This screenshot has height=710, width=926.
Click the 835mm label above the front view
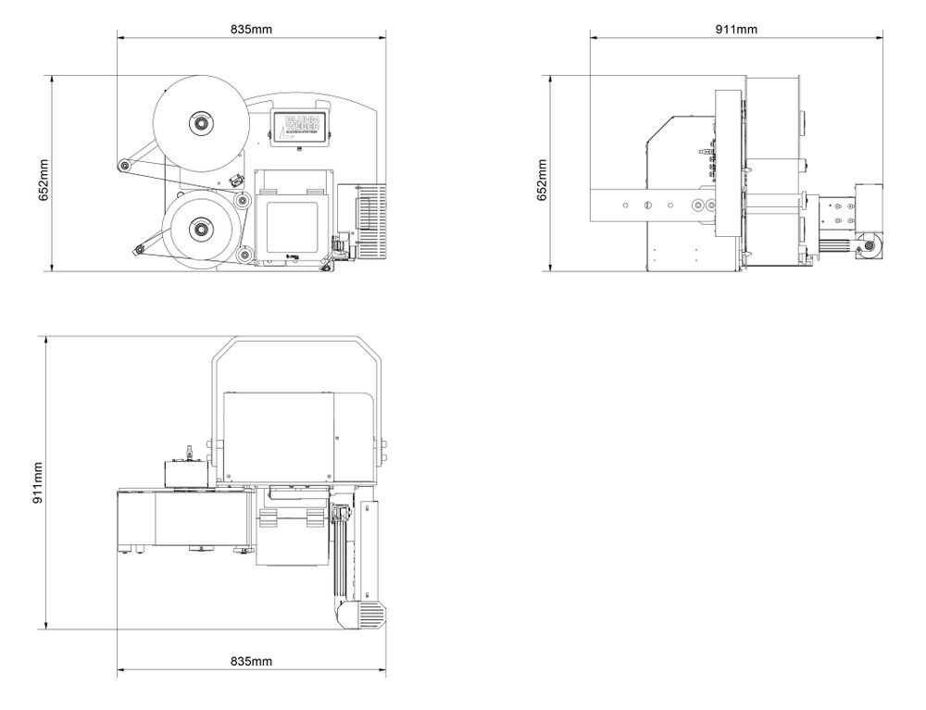[251, 29]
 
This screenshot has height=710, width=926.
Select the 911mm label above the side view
[736, 29]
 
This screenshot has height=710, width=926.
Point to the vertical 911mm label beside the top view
[38, 482]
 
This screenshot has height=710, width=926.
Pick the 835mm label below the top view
[251, 661]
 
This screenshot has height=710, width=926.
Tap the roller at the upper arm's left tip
[122, 166]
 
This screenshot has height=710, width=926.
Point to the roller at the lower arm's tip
[139, 249]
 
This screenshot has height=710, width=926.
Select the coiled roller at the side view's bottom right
[871, 246]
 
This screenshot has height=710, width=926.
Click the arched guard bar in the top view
[296, 339]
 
